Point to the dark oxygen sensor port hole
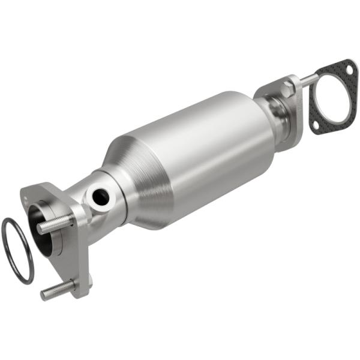pos(100,194)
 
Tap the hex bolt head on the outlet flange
pos(287,90)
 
